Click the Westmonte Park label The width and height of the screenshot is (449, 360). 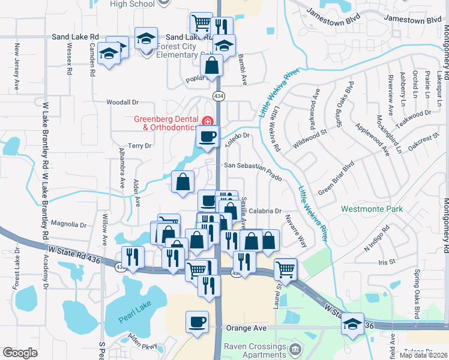(372, 209)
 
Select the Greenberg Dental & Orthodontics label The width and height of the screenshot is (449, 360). (166, 123)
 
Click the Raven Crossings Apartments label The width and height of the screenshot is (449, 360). (254, 350)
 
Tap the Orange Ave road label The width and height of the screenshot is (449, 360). (246, 328)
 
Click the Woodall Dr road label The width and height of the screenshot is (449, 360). (122, 103)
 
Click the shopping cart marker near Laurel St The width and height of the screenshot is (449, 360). (286, 268)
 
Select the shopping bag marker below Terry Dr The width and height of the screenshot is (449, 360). (182, 182)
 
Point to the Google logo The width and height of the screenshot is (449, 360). (20, 353)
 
